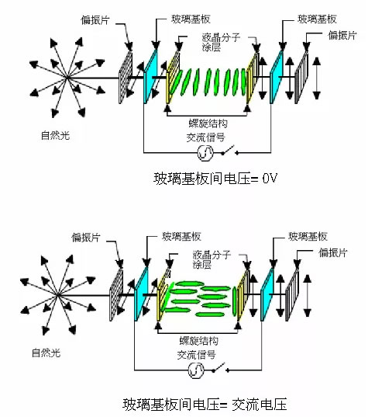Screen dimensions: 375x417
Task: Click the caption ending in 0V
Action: coord(215,178)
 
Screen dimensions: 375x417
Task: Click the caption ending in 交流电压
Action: coord(205,405)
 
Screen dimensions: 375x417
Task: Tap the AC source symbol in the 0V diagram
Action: coord(205,153)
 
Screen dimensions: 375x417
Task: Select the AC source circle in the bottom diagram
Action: coord(196,370)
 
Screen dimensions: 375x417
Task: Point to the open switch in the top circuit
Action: coord(229,150)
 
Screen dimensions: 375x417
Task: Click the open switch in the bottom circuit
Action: coord(220,367)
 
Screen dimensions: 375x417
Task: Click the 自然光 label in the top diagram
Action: coord(55,136)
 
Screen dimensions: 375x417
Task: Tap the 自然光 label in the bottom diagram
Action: coord(46,353)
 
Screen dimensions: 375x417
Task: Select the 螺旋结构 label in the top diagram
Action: coord(208,123)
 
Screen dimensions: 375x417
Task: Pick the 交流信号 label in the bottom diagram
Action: coord(196,355)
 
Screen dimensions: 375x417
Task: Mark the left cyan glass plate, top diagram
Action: coord(150,76)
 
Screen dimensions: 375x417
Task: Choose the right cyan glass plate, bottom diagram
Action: coord(267,294)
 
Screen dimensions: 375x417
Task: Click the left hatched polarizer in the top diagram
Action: coord(126,77)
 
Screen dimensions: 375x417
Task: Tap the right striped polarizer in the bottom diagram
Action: coord(292,294)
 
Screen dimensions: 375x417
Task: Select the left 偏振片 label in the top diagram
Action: coord(95,20)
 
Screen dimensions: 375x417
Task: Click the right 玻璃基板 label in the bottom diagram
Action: coord(308,236)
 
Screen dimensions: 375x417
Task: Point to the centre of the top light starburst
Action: coord(67,78)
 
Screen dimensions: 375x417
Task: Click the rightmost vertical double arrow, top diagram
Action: coord(317,78)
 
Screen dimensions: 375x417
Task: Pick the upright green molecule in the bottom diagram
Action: coord(234,301)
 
